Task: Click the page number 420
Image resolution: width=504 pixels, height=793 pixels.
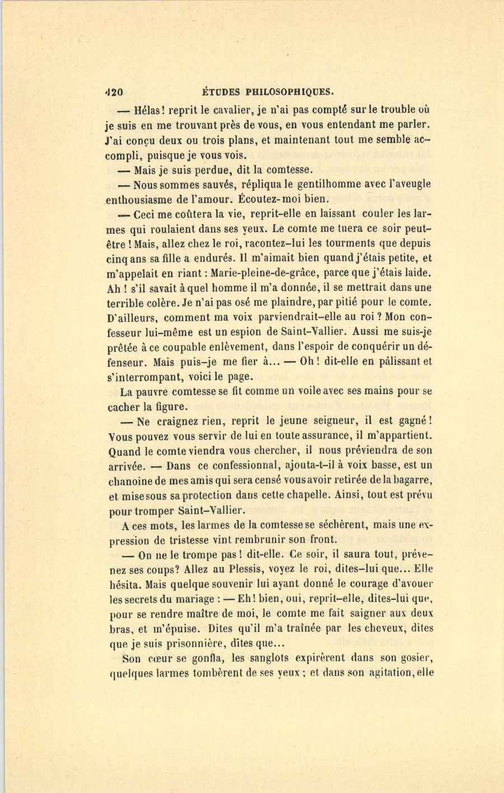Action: pos(114,92)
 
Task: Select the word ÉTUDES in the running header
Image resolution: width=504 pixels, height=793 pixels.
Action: pos(222,92)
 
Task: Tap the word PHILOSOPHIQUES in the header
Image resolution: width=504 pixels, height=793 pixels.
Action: pos(290,92)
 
